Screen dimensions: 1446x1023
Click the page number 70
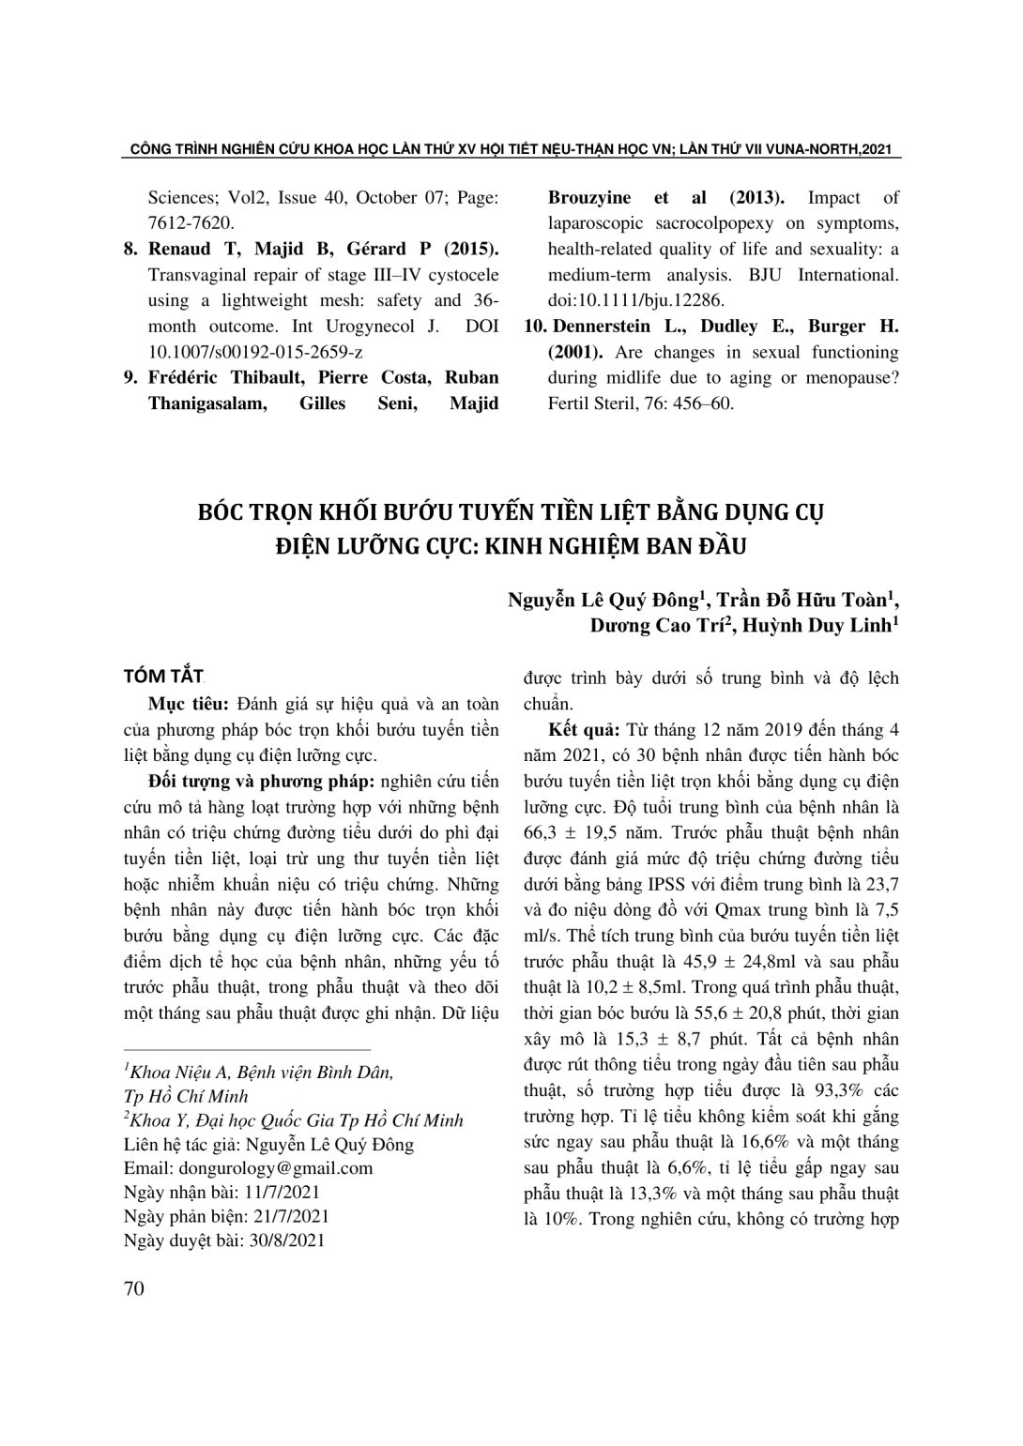click(x=134, y=1288)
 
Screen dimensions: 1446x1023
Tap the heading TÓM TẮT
click(x=163, y=677)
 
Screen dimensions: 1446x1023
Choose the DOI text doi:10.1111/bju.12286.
click(x=636, y=301)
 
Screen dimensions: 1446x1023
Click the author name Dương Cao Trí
click(x=657, y=626)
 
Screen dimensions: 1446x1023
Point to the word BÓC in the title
click(x=220, y=513)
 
